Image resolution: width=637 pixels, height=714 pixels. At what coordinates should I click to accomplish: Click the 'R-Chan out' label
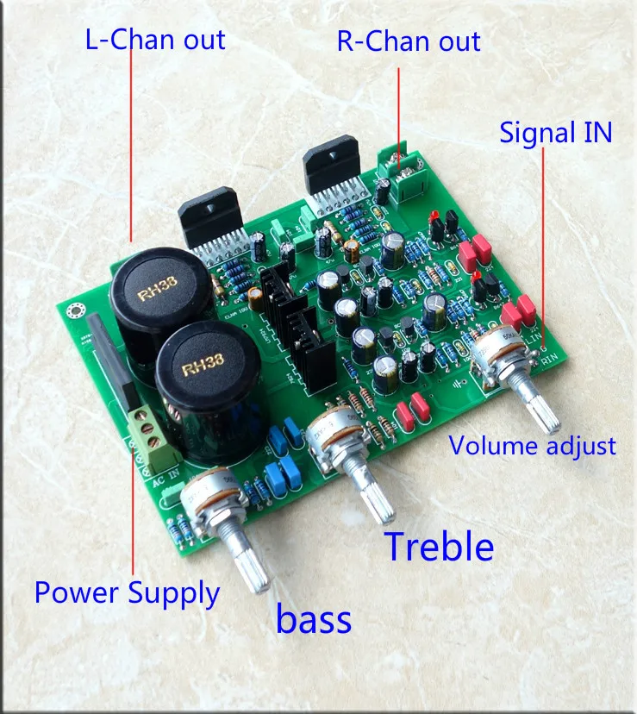(409, 41)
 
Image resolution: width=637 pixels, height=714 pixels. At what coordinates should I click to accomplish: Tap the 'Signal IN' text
(556, 132)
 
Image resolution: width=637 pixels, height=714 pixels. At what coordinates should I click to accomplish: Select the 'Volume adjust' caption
(533, 446)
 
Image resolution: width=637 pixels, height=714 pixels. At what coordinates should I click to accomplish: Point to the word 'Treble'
(439, 547)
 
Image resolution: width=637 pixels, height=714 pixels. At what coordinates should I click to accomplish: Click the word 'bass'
(314, 619)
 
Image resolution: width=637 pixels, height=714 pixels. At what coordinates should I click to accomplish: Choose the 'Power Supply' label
(127, 592)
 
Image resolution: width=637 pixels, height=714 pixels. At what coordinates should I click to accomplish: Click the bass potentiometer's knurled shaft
(249, 566)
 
